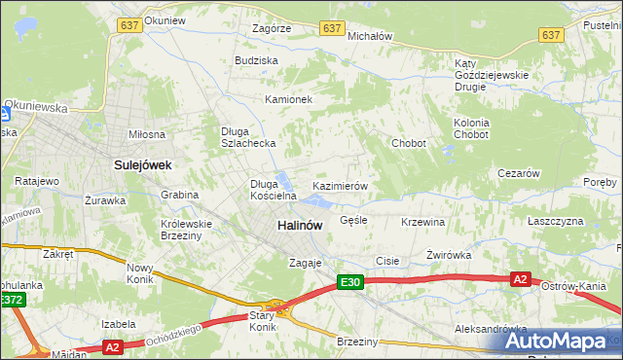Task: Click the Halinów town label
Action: [x=299, y=225]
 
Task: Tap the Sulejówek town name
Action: [x=142, y=165]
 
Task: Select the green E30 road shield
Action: [x=351, y=282]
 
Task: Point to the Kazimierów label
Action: [x=339, y=185]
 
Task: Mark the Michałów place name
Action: [x=370, y=36]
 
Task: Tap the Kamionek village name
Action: [x=288, y=99]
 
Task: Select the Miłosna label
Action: [x=147, y=133]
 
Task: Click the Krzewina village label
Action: [x=422, y=222]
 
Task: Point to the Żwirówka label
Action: [x=449, y=255]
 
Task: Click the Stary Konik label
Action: [x=262, y=321]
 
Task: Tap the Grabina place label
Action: [x=180, y=195]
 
